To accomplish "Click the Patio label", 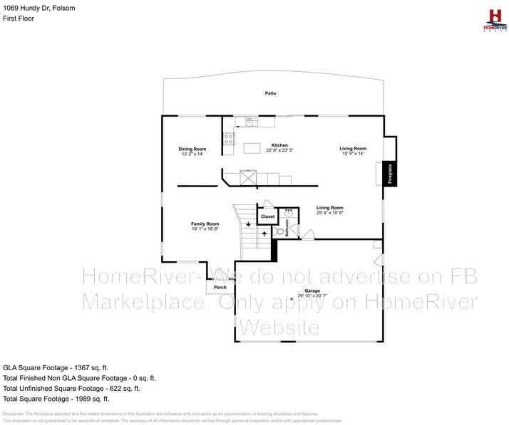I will click(x=271, y=93).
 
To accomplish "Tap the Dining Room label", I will click(x=192, y=149).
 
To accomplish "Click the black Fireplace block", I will click(x=390, y=174).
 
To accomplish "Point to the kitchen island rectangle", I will click(x=252, y=148).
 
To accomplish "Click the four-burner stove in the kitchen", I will click(x=230, y=140).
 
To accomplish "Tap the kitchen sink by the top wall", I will click(x=250, y=122).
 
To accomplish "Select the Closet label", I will click(x=267, y=216).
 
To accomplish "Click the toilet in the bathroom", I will click(x=279, y=231).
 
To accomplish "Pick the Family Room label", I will click(x=204, y=224).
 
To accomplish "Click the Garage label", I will click(x=312, y=290).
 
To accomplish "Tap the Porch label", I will click(x=220, y=288).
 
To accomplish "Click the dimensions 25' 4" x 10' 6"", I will click(x=330, y=212).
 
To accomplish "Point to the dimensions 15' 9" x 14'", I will click(x=353, y=153).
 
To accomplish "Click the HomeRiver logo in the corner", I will click(x=493, y=19).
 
